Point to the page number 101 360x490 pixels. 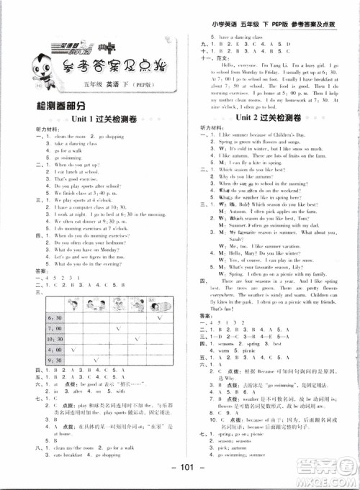(x=180, y=478)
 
